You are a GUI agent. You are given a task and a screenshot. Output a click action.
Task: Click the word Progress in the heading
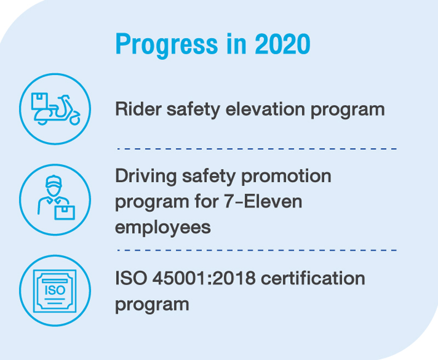(166, 45)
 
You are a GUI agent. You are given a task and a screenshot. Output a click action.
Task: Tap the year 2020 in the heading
(283, 44)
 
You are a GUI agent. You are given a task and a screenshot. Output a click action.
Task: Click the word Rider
(139, 108)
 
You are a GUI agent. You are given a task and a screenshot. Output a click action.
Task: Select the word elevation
(265, 108)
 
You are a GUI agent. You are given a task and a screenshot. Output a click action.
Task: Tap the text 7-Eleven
(263, 201)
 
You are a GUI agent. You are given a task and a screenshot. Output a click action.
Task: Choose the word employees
(163, 228)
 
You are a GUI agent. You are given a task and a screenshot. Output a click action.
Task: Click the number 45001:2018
(204, 278)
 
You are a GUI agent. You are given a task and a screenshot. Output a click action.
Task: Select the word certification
(313, 278)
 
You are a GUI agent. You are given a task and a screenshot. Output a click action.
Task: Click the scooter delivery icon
(55, 109)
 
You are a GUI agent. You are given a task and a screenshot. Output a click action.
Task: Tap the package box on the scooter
(39, 101)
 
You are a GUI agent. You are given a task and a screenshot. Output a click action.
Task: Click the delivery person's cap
(53, 181)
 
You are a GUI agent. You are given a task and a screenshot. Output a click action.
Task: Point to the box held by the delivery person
(65, 213)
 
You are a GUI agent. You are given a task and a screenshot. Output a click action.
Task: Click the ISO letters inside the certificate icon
(55, 290)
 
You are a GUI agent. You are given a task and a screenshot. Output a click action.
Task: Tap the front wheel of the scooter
(74, 119)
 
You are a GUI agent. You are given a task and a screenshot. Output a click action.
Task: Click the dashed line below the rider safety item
(257, 149)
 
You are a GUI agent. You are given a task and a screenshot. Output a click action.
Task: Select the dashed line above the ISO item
(257, 250)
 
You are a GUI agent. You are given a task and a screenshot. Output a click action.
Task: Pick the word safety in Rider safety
(193, 110)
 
